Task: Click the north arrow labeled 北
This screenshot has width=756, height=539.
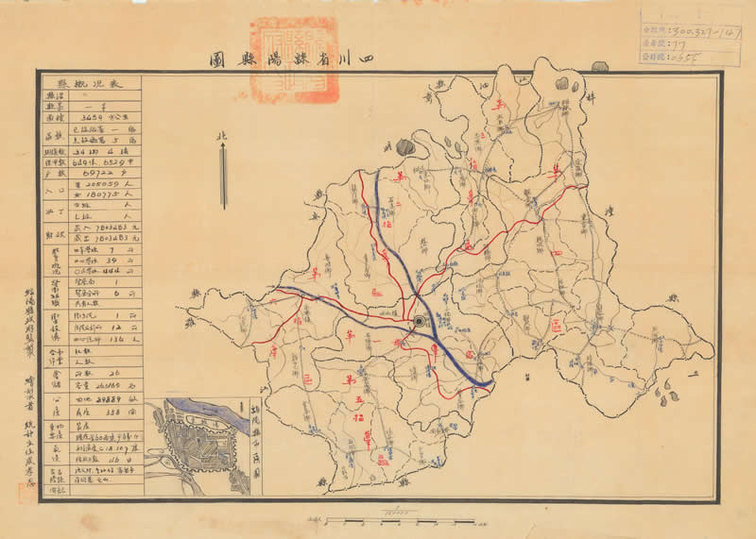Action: point(223,175)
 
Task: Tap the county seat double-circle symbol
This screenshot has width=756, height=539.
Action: point(419,323)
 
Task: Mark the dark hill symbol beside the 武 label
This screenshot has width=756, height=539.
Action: point(404,147)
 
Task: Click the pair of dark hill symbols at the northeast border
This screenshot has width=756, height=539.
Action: point(561,85)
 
